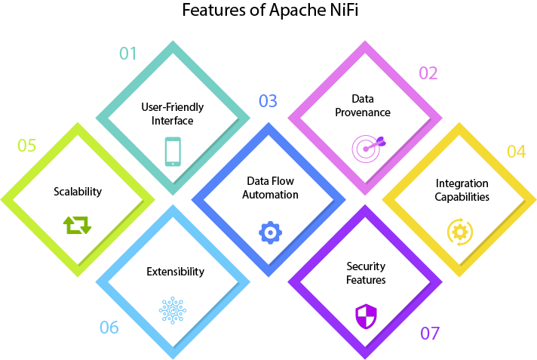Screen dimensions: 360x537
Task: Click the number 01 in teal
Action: (127, 53)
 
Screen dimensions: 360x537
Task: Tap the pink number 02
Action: (428, 72)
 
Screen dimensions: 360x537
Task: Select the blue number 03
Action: (268, 100)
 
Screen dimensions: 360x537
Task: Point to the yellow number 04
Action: (516, 151)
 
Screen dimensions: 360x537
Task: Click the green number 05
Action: (26, 145)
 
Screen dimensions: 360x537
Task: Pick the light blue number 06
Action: (109, 327)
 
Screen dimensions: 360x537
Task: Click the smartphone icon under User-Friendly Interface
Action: (173, 151)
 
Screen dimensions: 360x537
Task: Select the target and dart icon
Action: (366, 147)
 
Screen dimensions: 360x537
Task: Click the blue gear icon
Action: (269, 232)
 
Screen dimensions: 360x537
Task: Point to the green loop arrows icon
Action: (77, 224)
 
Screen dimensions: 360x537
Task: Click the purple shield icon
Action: (366, 315)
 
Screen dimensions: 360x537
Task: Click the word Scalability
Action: (78, 192)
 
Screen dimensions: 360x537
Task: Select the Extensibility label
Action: (175, 272)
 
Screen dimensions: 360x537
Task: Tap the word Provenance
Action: (364, 112)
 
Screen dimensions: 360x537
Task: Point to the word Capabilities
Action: (462, 197)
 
